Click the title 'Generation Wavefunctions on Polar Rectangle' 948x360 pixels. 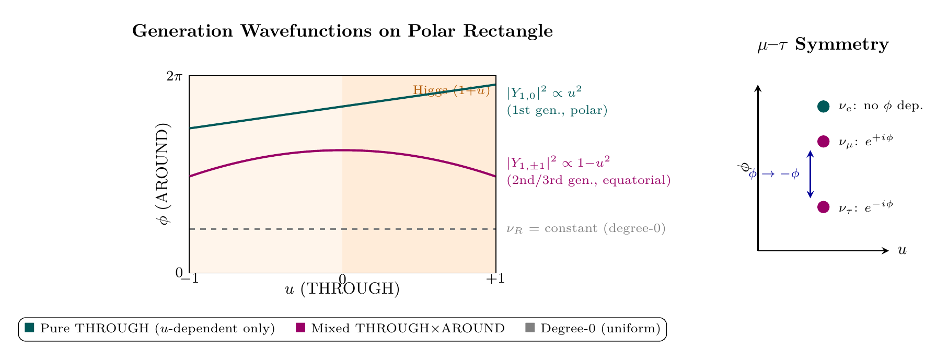tap(342, 31)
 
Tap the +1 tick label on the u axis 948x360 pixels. tap(495, 279)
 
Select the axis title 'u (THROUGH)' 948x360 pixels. tap(342, 289)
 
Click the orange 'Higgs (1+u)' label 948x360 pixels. tap(451, 90)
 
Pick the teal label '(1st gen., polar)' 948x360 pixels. tap(557, 111)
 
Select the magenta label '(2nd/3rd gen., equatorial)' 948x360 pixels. tap(589, 181)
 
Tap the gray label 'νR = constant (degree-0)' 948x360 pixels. tap(586, 229)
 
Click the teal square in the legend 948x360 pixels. tap(29, 328)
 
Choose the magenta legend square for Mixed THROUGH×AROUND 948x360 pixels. tap(300, 328)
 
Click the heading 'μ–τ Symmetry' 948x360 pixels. tap(823, 45)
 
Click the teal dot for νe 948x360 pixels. tap(823, 107)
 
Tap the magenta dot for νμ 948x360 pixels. tap(823, 142)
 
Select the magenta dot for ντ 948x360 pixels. tap(823, 207)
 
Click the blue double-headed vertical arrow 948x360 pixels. tap(810, 175)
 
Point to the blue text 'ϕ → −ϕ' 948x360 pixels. tap(774, 175)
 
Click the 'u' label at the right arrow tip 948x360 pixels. tap(901, 251)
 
